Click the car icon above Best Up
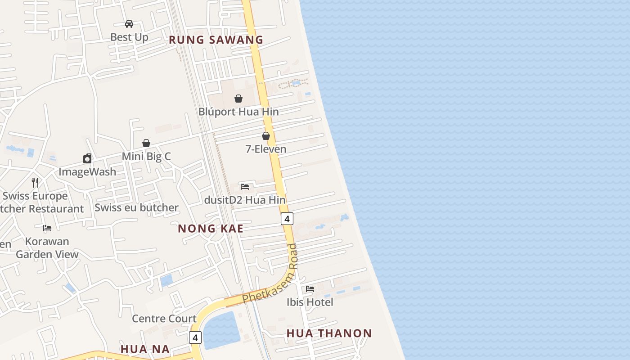click(x=129, y=24)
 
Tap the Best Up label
click(x=129, y=37)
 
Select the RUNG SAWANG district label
click(x=216, y=40)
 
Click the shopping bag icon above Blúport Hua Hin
click(x=238, y=99)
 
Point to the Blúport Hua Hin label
click(x=238, y=112)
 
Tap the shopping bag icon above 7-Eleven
click(x=266, y=136)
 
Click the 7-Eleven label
click(x=266, y=149)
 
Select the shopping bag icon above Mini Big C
click(x=146, y=143)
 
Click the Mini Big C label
click(x=146, y=156)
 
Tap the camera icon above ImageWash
click(x=87, y=158)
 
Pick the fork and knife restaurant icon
click(x=35, y=182)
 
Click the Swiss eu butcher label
click(x=136, y=207)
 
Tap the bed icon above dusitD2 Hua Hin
click(x=245, y=186)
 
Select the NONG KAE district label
click(x=211, y=229)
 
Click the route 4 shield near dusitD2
click(x=287, y=219)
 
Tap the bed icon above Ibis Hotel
click(x=310, y=289)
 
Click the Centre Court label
click(x=164, y=319)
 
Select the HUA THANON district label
click(x=329, y=333)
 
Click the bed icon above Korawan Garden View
click(x=47, y=228)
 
